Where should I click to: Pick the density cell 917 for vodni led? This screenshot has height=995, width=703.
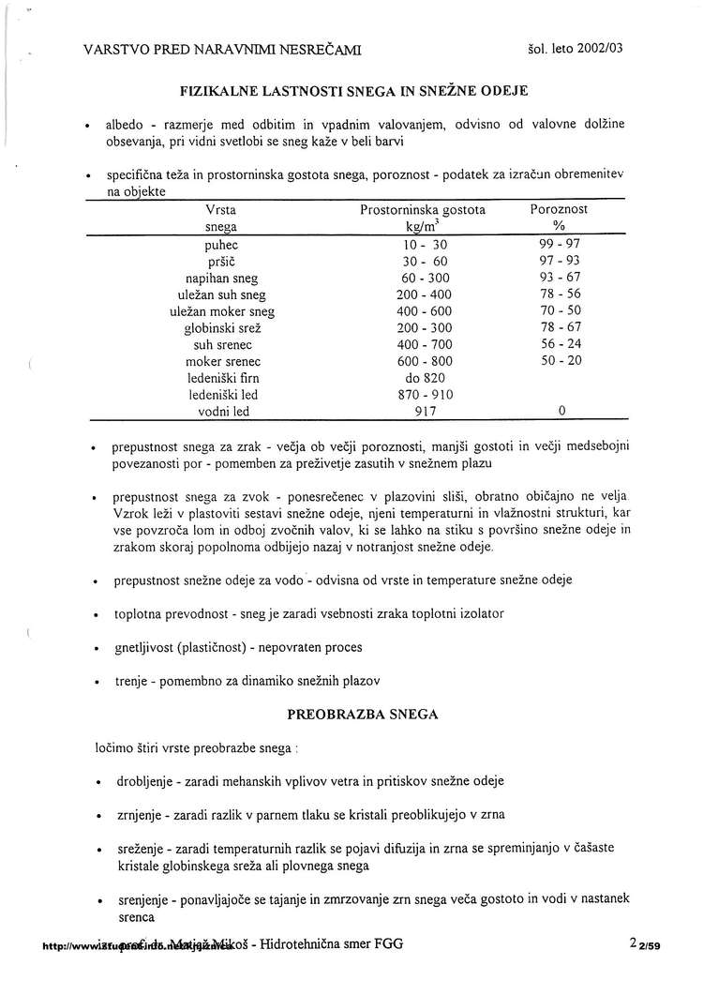423,411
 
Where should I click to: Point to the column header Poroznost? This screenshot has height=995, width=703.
560,210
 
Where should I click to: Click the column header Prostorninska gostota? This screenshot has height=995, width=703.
423,210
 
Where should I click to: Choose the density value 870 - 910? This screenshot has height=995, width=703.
423,395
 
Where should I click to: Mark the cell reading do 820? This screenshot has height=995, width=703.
423,378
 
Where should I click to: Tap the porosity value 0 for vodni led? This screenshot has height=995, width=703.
561,411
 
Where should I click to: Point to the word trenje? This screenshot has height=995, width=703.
129,680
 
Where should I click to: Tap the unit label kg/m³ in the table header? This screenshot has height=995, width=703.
423,227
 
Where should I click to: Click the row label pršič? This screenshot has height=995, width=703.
221,261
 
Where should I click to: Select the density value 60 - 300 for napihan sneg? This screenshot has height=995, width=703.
423,278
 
